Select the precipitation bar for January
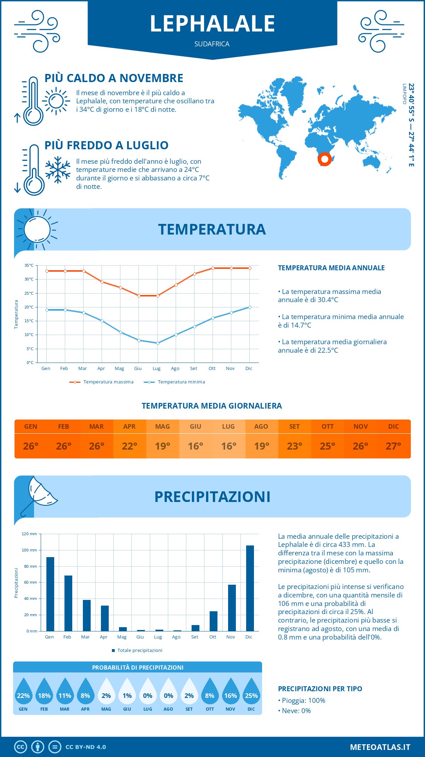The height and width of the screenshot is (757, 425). pyautogui.click(x=50, y=594)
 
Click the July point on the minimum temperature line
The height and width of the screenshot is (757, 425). pyautogui.click(x=158, y=343)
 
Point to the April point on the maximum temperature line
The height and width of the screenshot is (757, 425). pyautogui.click(x=102, y=282)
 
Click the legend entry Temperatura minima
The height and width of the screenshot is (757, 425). pyautogui.click(x=175, y=382)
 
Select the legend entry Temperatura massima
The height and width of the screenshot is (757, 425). pyautogui.click(x=102, y=382)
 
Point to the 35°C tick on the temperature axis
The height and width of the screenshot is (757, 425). pyautogui.click(x=29, y=265)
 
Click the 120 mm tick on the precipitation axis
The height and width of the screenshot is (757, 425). pyautogui.click(x=30, y=534)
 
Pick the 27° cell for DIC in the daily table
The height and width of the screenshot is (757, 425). pyautogui.click(x=393, y=446)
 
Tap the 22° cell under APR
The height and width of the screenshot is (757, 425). pyautogui.click(x=130, y=446)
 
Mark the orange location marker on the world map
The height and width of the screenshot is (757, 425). pyautogui.click(x=324, y=159)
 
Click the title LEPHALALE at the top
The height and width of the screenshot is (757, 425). pyautogui.click(x=212, y=24)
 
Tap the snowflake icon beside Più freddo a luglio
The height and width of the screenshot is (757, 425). pyautogui.click(x=58, y=170)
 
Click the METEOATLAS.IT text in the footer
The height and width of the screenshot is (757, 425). pyautogui.click(x=380, y=747)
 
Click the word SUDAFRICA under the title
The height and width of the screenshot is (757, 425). pyautogui.click(x=212, y=44)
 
